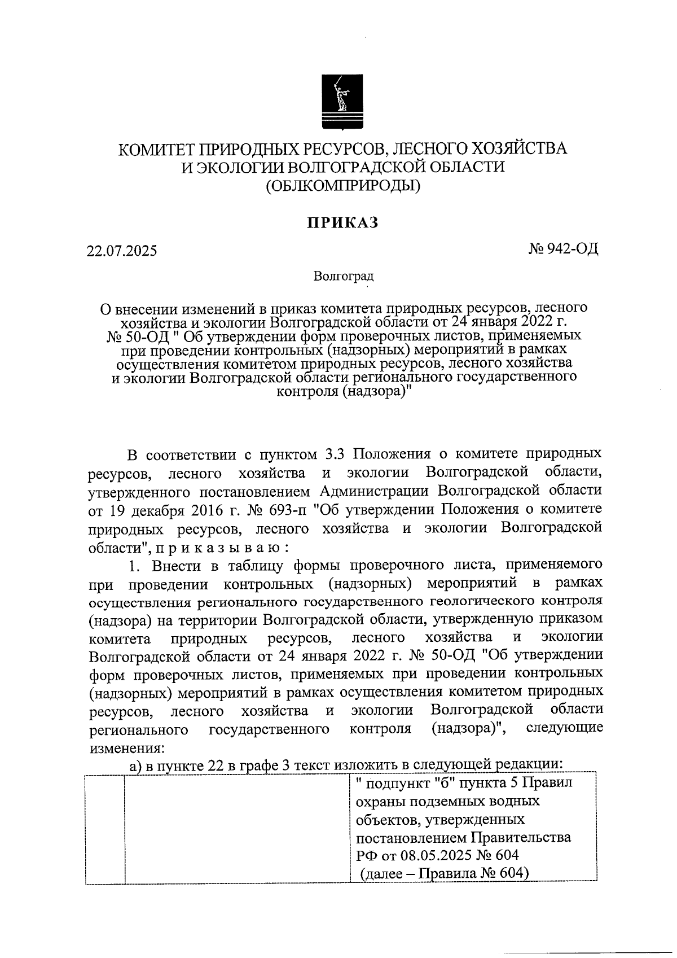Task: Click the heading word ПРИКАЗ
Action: pos(342,223)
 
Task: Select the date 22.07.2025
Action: pos(122,250)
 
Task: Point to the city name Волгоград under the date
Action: pos(343,277)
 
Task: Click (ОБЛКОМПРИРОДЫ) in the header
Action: pos(343,185)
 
